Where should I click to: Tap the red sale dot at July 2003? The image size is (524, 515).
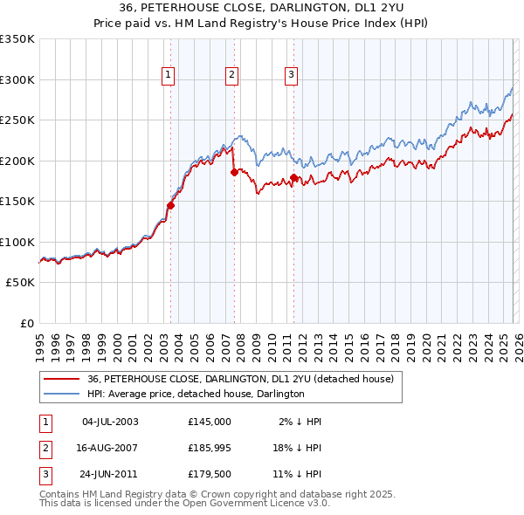click(171, 206)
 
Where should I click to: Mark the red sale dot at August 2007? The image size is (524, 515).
click(234, 173)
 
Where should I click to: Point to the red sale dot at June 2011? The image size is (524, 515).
click(293, 178)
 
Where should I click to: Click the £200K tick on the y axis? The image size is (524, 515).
click(17, 161)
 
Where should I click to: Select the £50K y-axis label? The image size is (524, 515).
click(20, 283)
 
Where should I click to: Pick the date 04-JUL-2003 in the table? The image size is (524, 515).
click(109, 422)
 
